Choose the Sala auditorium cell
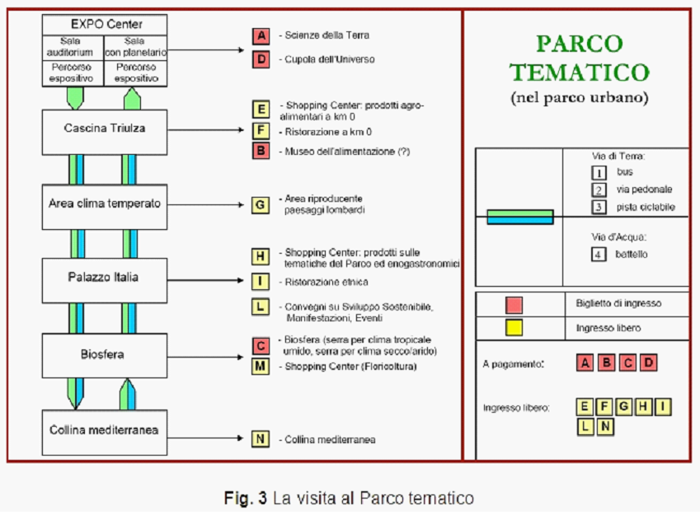[x=73, y=48]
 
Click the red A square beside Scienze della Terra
[x=261, y=35]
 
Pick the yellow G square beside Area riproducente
[x=261, y=204]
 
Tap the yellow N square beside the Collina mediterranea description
[x=261, y=438]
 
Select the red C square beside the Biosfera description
[x=261, y=345]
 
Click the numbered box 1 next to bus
[x=599, y=173]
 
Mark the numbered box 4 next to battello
[x=599, y=255]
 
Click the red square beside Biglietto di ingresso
[x=514, y=305]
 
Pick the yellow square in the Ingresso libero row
[x=514, y=328]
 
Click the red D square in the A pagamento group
[x=649, y=363]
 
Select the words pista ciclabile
[x=646, y=207]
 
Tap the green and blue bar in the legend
[x=519, y=217]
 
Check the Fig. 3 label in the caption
[x=245, y=499]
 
